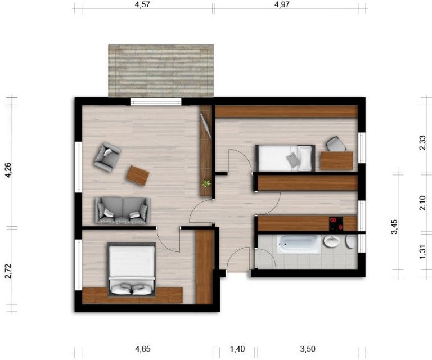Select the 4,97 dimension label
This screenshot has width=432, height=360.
pyautogui.click(x=285, y=5)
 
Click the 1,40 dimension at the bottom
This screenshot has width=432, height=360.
pyautogui.click(x=238, y=349)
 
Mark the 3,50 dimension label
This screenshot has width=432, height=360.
pyautogui.click(x=308, y=349)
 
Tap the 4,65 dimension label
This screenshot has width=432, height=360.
pyautogui.click(x=143, y=349)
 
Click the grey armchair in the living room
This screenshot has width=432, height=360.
pyautogui.click(x=107, y=156)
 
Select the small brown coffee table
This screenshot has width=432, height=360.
pyautogui.click(x=137, y=175)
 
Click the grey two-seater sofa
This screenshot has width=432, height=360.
pyautogui.click(x=123, y=210)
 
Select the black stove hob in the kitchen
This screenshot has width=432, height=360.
pyautogui.click(x=336, y=224)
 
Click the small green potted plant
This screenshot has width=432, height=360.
pyautogui.click(x=206, y=183)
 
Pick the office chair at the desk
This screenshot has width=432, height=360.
pyautogui.click(x=336, y=144)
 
